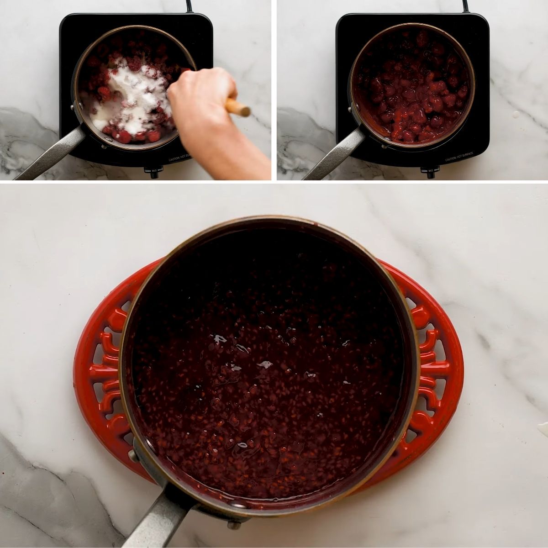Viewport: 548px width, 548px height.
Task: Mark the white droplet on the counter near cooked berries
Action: [516, 114]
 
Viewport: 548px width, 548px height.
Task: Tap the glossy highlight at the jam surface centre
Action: [264, 364]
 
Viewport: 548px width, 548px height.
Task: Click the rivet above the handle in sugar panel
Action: [74, 107]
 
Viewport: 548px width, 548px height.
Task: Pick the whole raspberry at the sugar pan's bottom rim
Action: [123, 136]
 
